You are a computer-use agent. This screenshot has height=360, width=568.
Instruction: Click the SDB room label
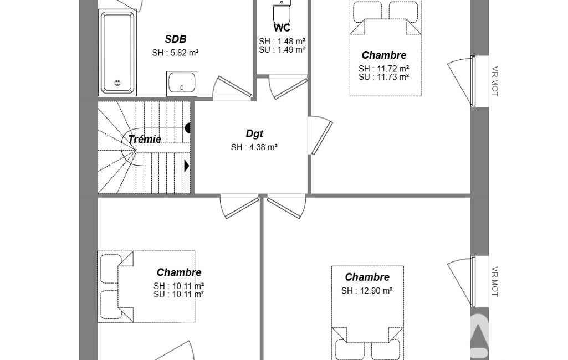click(175, 39)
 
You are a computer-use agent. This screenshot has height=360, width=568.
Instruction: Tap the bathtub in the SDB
click(117, 52)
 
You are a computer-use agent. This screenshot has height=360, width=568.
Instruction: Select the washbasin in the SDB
click(182, 83)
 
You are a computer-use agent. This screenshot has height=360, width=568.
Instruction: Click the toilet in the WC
click(282, 11)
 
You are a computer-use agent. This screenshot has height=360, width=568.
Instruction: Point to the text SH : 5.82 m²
click(175, 53)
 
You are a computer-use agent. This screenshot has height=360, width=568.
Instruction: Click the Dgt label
click(254, 133)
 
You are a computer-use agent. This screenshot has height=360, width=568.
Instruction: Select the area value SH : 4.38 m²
click(254, 147)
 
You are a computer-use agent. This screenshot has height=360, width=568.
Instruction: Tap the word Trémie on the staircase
click(145, 139)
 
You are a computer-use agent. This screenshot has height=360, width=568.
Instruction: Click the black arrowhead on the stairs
click(187, 166)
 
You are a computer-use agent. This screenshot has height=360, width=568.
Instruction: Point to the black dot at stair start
click(188, 128)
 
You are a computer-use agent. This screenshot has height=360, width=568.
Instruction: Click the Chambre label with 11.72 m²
click(384, 55)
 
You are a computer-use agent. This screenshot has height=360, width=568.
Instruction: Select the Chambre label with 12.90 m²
click(367, 277)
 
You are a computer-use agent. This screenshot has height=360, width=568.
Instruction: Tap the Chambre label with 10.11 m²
click(179, 272)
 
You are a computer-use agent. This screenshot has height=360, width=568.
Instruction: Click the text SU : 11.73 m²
click(384, 77)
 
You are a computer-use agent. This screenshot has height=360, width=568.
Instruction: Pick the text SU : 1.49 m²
click(282, 50)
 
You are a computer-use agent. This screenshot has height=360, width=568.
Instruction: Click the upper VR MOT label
click(495, 81)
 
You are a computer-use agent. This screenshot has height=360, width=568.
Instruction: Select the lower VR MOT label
click(495, 282)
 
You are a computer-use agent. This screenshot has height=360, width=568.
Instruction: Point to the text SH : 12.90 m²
click(367, 291)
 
